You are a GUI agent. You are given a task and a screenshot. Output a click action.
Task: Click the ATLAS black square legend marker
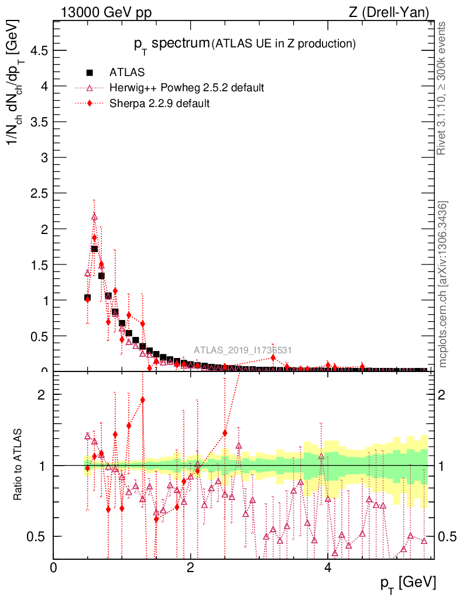(x=90, y=73)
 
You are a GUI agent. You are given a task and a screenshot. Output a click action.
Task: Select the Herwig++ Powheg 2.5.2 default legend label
(x=186, y=88)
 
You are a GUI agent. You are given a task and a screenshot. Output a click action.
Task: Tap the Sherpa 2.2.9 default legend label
(x=159, y=104)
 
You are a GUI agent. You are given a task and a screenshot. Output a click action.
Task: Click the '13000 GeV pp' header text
(x=106, y=12)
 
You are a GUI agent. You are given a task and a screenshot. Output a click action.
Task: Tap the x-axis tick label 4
(x=327, y=567)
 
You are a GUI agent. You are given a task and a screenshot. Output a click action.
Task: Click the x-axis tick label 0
(x=53, y=567)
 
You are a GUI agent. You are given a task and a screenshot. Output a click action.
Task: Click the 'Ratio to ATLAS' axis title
(x=19, y=465)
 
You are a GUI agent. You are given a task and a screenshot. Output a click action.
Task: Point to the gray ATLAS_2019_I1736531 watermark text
(x=243, y=350)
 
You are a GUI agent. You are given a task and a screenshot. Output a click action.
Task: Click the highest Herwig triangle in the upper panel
(x=94, y=217)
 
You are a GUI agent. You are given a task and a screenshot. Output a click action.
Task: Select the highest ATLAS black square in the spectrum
(x=94, y=249)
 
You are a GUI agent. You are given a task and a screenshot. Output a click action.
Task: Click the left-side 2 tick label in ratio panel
(x=42, y=394)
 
